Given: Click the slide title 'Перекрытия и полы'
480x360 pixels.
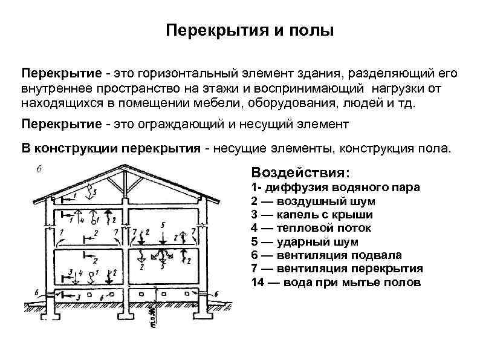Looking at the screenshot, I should coord(250,30).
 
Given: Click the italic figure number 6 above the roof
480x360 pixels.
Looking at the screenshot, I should coord(39,169).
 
